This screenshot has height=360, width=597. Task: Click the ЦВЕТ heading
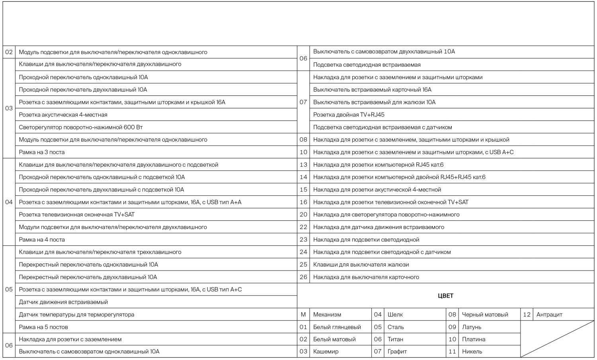(445, 296)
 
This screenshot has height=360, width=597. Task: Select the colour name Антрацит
(549, 315)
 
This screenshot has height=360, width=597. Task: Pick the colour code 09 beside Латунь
(452, 327)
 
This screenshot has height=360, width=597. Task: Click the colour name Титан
(395, 339)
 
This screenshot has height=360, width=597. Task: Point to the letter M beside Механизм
(303, 315)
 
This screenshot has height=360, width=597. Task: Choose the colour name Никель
(472, 352)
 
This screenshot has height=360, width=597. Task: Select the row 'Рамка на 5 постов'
(43, 327)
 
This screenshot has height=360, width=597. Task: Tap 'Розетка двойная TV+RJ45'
(349, 115)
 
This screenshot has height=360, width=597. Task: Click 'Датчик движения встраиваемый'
(63, 302)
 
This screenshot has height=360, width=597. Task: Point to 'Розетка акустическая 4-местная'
(63, 115)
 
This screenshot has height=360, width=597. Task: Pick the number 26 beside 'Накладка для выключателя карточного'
(303, 277)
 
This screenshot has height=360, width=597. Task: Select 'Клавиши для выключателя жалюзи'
(361, 265)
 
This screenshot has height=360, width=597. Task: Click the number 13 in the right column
(303, 165)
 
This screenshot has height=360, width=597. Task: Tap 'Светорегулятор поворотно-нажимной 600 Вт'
(81, 127)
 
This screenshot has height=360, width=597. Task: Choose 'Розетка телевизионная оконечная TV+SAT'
(77, 215)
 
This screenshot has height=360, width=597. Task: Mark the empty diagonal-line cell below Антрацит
(557, 339)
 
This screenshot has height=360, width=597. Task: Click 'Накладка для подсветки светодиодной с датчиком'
(382, 252)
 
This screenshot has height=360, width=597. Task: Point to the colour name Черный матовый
(485, 315)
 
